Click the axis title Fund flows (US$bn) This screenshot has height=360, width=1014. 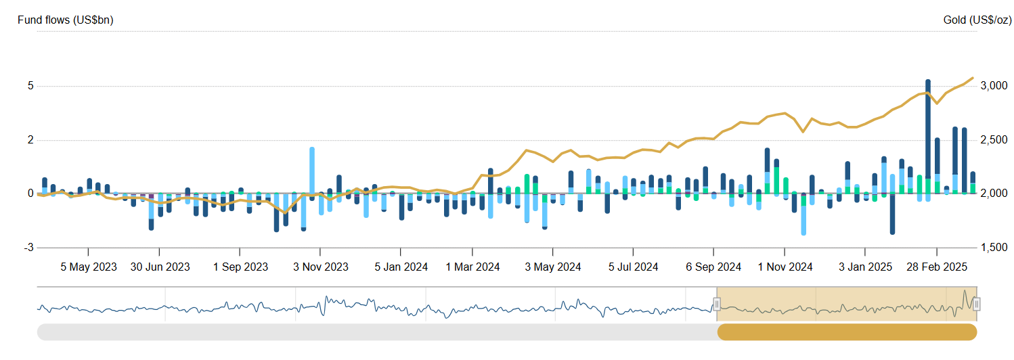(65, 20)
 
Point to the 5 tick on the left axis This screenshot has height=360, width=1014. (30, 86)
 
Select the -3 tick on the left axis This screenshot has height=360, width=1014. (28, 248)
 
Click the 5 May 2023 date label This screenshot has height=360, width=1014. (89, 267)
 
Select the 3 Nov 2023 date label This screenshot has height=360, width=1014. (320, 267)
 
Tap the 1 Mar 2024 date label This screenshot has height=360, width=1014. (473, 267)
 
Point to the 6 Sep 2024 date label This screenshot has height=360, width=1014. (714, 267)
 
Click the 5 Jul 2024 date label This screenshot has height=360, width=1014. (633, 267)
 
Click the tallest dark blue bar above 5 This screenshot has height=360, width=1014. (928, 135)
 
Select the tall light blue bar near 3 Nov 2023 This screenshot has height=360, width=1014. (312, 169)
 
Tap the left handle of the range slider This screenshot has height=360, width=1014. (717, 305)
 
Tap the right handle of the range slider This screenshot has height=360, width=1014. (976, 305)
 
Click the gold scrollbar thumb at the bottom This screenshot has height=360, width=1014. (847, 332)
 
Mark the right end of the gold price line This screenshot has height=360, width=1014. (973, 78)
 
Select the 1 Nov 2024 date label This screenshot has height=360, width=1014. (785, 267)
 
